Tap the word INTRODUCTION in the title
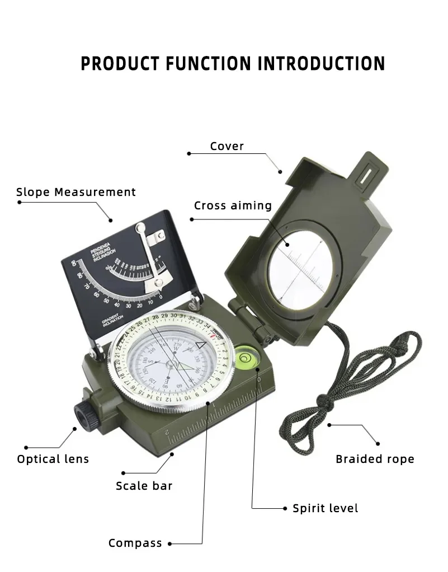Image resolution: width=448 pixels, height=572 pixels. click(321, 63)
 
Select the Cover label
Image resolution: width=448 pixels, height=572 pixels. click(227, 146)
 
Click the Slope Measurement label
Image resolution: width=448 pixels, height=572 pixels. click(76, 192)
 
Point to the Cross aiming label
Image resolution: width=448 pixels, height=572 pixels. click(233, 205)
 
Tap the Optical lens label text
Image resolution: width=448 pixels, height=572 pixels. click(53, 459)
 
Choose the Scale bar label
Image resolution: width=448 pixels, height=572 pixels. click(144, 486)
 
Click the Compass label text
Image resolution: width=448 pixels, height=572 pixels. click(135, 543)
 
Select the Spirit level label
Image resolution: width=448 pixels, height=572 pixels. click(326, 508)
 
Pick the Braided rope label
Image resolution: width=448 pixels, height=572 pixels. click(375, 459)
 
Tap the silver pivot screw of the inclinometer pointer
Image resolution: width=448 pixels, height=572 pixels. click(141, 228)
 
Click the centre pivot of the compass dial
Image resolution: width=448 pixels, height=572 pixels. click(169, 364)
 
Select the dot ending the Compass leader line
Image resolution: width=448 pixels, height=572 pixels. click(169, 543)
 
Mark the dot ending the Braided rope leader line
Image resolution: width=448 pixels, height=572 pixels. click(329, 424)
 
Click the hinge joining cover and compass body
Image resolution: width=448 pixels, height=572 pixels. click(246, 318)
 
